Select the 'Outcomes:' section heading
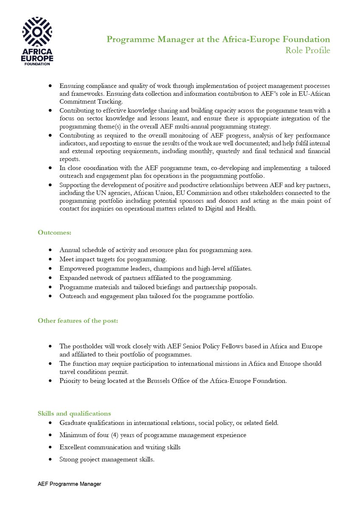coord(54,232)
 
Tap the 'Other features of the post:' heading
coord(78,321)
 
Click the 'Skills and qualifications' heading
coord(74,413)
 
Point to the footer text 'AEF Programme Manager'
coord(69,484)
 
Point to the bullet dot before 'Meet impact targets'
coord(51,259)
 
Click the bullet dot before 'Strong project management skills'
coord(51,459)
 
